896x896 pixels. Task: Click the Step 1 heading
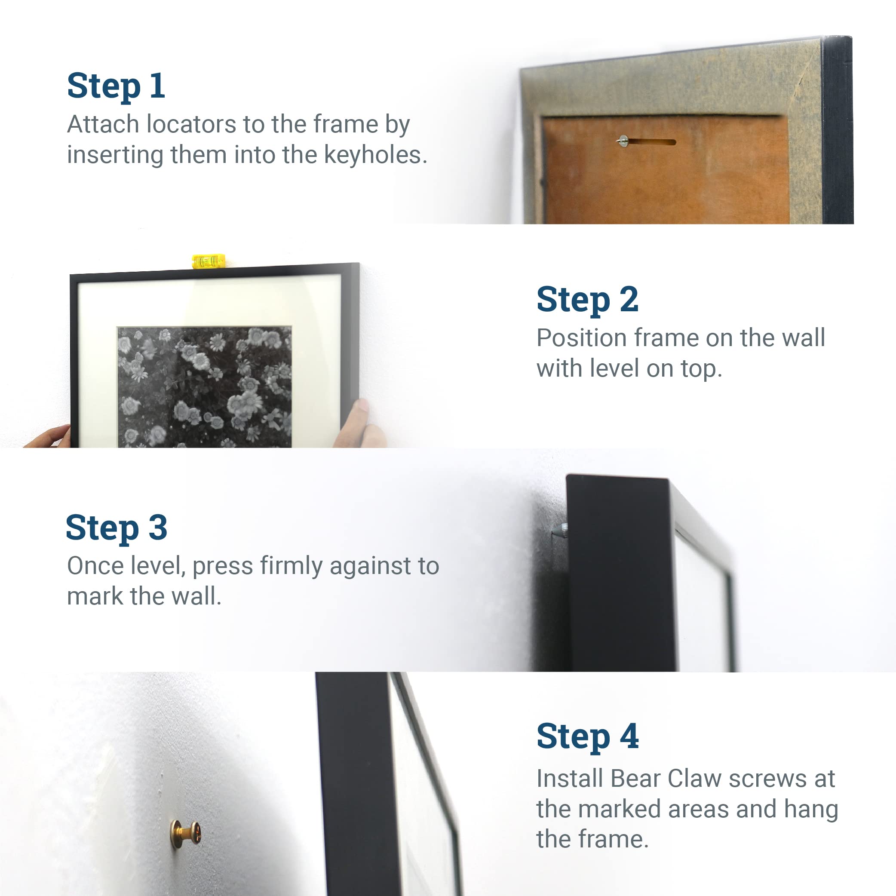tap(116, 86)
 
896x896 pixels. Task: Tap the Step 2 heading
tap(588, 300)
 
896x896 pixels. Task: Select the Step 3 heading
tap(117, 528)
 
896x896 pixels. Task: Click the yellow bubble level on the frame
tap(209, 261)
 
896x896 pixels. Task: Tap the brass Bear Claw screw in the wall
tap(185, 835)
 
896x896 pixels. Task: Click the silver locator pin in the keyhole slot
tap(623, 141)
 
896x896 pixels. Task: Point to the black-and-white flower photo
tap(205, 387)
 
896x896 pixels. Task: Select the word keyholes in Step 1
tap(375, 155)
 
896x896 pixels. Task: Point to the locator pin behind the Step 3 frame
tap(560, 530)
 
